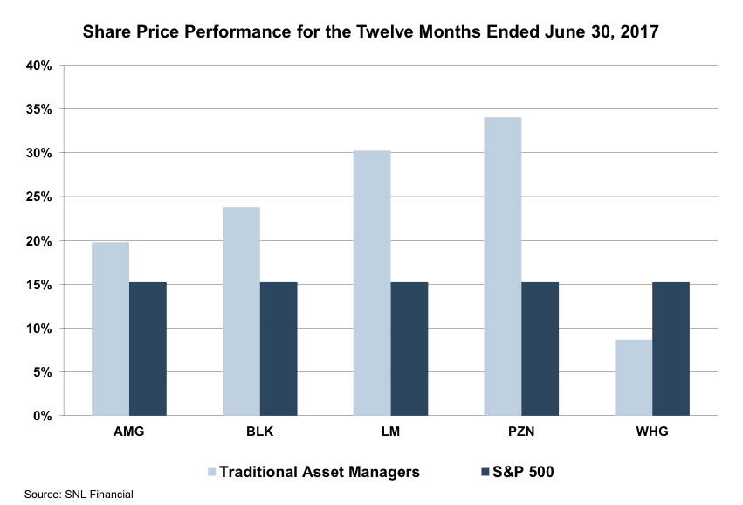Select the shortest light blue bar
(x=633, y=377)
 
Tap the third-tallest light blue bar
(x=241, y=311)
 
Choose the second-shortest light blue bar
(x=111, y=329)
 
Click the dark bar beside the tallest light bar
(x=540, y=349)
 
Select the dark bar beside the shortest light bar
(x=671, y=349)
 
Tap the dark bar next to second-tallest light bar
(x=409, y=349)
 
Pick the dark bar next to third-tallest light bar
(x=279, y=349)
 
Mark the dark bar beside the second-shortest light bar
(x=148, y=349)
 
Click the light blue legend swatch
(x=212, y=473)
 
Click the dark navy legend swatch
(x=485, y=473)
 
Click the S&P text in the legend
(x=506, y=473)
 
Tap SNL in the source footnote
(x=77, y=495)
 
